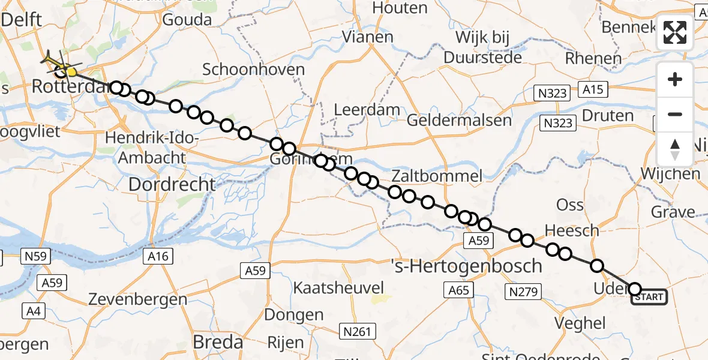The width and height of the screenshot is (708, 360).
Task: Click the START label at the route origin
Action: point(649,297)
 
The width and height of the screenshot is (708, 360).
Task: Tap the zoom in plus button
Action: point(675,80)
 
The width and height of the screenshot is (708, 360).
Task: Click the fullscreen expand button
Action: point(675,32)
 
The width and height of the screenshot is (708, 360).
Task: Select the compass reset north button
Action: point(675,149)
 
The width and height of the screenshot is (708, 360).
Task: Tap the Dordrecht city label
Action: point(172,184)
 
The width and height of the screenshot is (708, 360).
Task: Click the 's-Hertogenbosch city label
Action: point(466,265)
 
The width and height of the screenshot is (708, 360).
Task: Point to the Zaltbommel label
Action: point(437,176)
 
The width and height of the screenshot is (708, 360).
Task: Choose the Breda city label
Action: point(218,343)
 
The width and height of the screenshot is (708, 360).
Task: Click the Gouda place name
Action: point(187,20)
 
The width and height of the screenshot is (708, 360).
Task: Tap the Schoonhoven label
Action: point(253,69)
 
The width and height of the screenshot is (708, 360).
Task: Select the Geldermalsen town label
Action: point(459,120)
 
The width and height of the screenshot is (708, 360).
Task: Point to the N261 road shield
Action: point(358,331)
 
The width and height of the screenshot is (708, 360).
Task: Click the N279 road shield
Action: point(523,292)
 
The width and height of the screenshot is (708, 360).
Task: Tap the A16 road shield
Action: point(158,257)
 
